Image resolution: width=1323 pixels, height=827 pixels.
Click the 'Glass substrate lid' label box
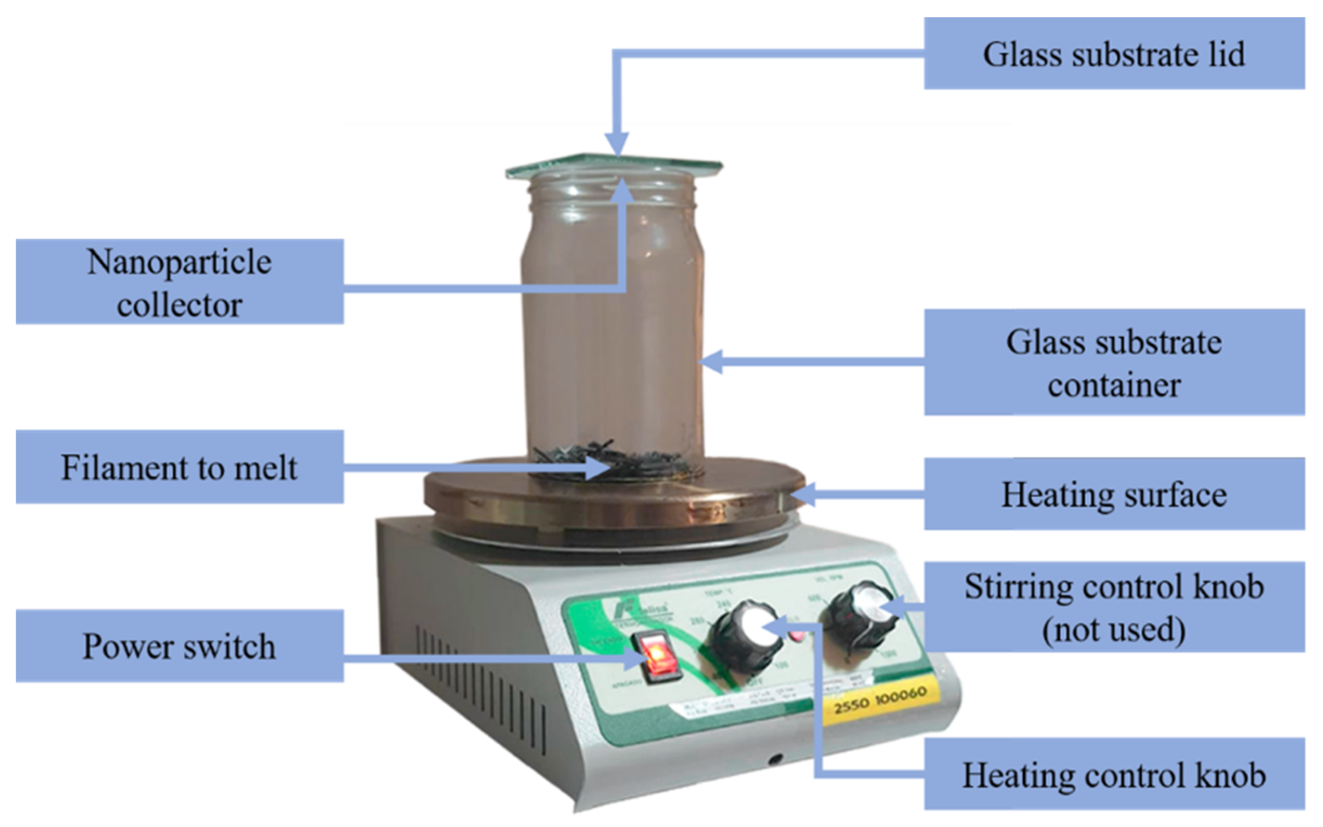[x=1114, y=53]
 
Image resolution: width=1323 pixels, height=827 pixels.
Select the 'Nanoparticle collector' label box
[x=179, y=281]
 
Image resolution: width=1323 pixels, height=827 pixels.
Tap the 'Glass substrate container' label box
[x=1114, y=362]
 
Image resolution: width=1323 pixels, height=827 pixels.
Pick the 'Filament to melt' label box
[x=179, y=467]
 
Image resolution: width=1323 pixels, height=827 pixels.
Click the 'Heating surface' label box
[x=1114, y=494]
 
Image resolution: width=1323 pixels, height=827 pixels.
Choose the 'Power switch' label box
[x=179, y=646]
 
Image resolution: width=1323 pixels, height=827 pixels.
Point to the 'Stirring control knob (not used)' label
[x=1114, y=607]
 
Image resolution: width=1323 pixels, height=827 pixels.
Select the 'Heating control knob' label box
[x=1114, y=775]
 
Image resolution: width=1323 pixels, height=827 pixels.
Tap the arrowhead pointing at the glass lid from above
[x=618, y=145]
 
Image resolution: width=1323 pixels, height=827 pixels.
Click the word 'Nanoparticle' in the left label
[x=179, y=262]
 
